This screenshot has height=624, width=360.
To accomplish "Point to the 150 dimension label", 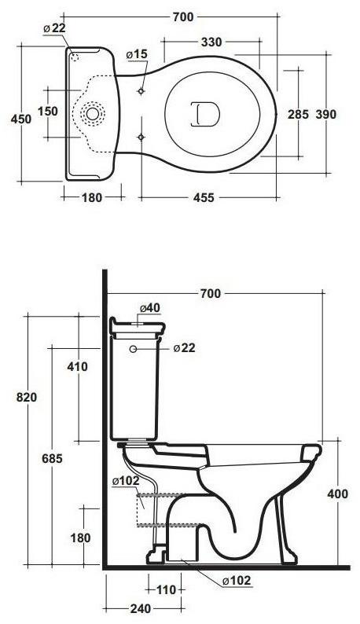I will coord(48,112).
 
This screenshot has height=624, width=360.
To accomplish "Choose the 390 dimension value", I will coord(325,114).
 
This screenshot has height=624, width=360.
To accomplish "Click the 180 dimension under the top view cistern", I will coord(92,198).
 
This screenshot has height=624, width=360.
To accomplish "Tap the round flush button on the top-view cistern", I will coord(93,114).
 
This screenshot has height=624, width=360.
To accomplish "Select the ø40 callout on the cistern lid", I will coord(150,307).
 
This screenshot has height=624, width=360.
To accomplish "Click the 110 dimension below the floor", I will coord(166,589).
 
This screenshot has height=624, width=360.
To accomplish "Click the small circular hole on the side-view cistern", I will coord(133,348).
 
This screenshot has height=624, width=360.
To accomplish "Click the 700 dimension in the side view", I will coord(210,293).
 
